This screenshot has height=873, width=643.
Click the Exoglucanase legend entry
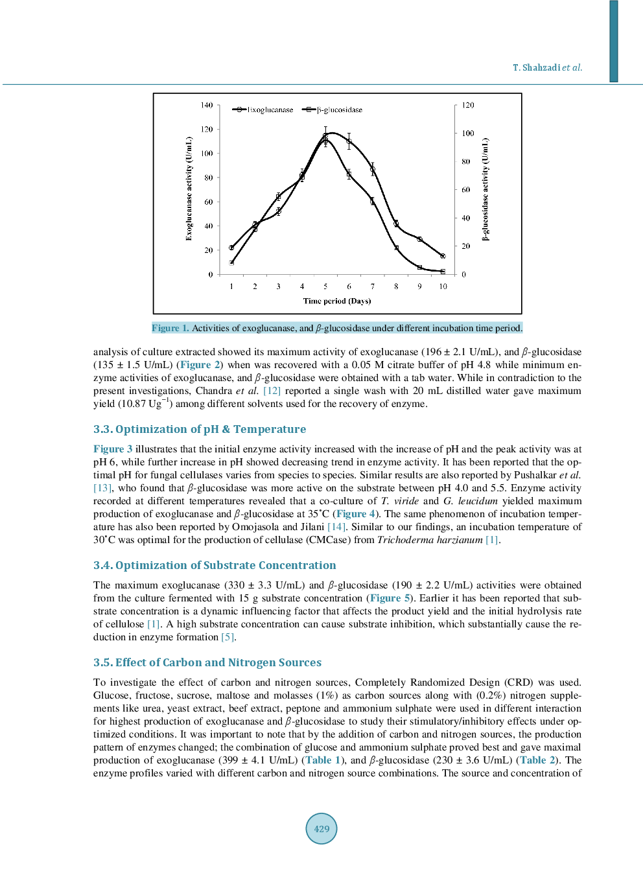263,110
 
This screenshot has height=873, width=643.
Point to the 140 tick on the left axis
206,105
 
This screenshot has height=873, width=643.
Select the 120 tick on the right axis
468,105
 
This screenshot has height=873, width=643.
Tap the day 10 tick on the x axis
443,286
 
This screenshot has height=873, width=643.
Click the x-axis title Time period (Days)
337,301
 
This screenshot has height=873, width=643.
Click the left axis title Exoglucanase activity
189,189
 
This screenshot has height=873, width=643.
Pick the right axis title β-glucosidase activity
485,189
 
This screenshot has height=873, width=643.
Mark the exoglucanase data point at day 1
231,248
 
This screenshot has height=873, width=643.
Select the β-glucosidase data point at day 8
396,248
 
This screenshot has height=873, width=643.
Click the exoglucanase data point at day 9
419,239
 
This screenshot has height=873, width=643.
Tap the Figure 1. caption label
170,328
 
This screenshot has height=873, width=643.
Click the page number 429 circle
321,828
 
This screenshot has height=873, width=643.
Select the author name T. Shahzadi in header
536,67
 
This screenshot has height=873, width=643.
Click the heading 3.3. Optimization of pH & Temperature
200,429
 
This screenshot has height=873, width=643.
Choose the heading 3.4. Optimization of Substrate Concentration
215,565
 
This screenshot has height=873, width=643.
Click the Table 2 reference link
537,760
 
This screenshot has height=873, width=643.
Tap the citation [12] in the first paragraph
272,391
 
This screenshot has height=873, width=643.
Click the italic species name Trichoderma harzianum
430,540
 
